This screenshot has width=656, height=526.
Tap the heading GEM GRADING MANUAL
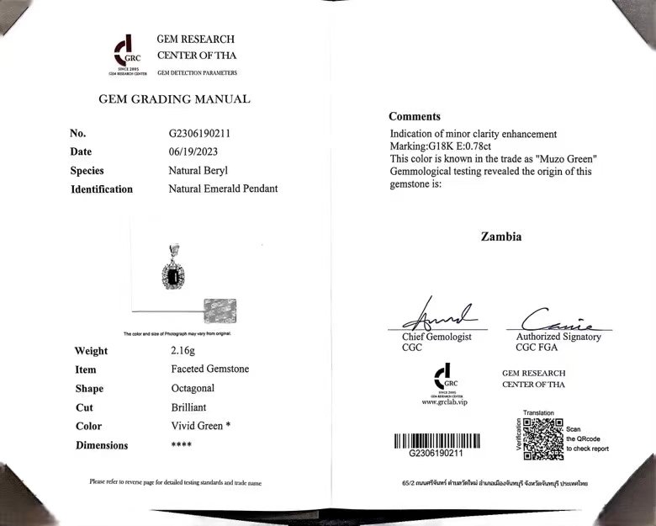[174, 99]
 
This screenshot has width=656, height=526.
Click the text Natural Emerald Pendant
[223, 189]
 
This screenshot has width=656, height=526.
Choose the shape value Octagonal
[192, 388]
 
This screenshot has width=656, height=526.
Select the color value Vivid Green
[196, 426]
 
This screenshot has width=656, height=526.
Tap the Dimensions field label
[102, 445]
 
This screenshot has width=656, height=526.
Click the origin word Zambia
[501, 236]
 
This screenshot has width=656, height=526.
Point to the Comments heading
[414, 117]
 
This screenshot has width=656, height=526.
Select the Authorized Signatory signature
[554, 319]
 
